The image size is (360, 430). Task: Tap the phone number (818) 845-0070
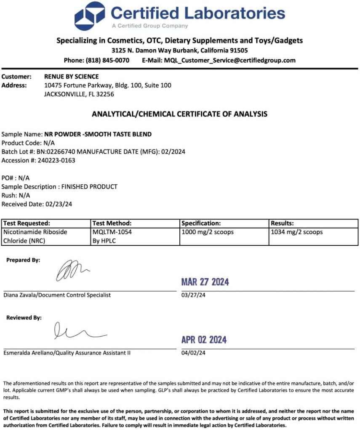[107, 60]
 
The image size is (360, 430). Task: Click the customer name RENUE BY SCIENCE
[72, 77]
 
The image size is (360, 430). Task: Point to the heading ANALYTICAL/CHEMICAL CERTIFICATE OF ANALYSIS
[179, 114]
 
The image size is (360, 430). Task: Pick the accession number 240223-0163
[55, 160]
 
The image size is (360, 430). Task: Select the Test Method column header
[112, 223]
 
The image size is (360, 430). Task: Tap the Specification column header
[201, 223]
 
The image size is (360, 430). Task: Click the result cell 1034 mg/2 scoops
[297, 232]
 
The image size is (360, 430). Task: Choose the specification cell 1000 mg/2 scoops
[208, 232]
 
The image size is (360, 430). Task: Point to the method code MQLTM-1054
[112, 232]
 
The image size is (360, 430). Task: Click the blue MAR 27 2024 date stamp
[205, 282]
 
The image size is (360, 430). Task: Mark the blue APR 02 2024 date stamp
[204, 340]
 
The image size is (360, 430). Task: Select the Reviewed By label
[24, 318]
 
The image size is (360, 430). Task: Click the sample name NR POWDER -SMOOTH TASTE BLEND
[98, 134]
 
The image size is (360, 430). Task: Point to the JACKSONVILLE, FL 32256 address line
[79, 94]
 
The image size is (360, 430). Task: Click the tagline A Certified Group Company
[150, 26]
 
